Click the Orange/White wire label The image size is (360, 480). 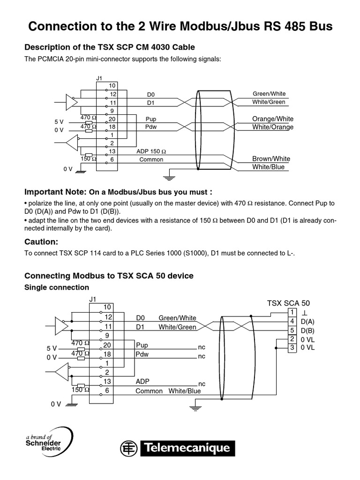click(273, 119)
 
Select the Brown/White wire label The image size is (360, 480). click(271, 159)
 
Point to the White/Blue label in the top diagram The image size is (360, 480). click(268, 167)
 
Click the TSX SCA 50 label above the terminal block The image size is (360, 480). click(288, 303)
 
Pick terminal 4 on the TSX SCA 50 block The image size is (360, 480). click(292, 321)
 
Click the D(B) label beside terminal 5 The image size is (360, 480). click(308, 330)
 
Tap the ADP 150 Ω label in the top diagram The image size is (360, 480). click(151, 151)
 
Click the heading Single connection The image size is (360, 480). click(56, 287)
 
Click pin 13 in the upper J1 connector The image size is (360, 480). click(112, 151)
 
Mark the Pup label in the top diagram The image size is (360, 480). click(150, 119)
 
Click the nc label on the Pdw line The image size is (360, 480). click(202, 356)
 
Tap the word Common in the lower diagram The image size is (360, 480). click(149, 391)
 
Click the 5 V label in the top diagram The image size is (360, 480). click(59, 122)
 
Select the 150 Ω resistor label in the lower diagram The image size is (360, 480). click(77, 390)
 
